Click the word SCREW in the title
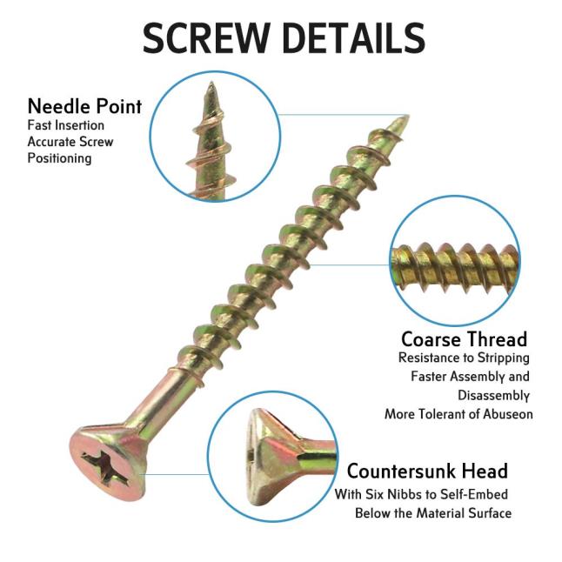coord(206,37)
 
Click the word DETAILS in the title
coord(354,37)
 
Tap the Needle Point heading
coord(84,106)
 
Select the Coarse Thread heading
coord(465,339)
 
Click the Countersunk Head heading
coord(427,471)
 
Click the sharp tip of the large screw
coord(407,116)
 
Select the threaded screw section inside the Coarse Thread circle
coord(455,267)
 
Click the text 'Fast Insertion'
coord(66,125)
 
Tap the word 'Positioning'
coord(59,158)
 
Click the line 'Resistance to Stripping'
coord(464,358)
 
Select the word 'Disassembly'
coord(493,395)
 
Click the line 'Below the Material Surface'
coord(433,513)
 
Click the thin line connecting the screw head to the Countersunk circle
coord(177,474)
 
